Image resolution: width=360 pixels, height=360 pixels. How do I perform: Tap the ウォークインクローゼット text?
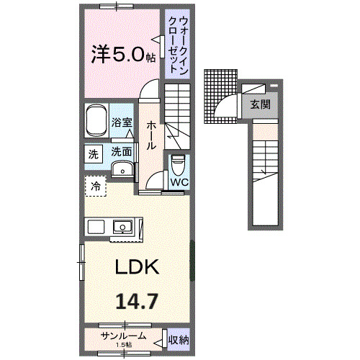174,42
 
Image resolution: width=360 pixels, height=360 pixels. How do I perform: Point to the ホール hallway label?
151,135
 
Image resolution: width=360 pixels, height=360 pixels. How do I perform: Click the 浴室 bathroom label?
122,122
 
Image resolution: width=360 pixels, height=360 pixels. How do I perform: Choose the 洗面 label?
122,152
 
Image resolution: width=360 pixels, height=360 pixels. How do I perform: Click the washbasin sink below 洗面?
122,169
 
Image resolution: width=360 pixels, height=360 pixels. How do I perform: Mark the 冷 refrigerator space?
95,186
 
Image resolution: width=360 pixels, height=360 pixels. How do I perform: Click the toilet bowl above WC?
178,165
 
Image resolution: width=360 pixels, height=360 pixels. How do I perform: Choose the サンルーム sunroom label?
123,336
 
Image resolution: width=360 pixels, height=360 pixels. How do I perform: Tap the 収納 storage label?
178,339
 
